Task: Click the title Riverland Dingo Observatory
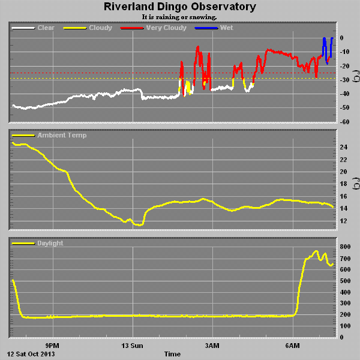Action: click(x=180, y=7)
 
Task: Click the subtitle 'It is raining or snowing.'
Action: click(x=180, y=17)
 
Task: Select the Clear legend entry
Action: click(x=46, y=28)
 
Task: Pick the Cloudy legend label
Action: click(x=100, y=28)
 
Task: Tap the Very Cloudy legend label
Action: click(x=166, y=28)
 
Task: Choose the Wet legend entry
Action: click(x=227, y=28)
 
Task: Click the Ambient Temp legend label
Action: click(x=61, y=136)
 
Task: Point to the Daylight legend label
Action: click(x=50, y=243)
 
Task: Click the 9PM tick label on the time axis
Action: click(x=53, y=346)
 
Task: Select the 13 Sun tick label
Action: click(x=133, y=346)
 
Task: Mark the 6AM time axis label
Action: click(x=292, y=346)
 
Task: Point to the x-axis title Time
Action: click(x=173, y=354)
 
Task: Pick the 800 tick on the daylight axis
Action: click(x=345, y=247)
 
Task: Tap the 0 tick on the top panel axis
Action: click(x=342, y=38)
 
